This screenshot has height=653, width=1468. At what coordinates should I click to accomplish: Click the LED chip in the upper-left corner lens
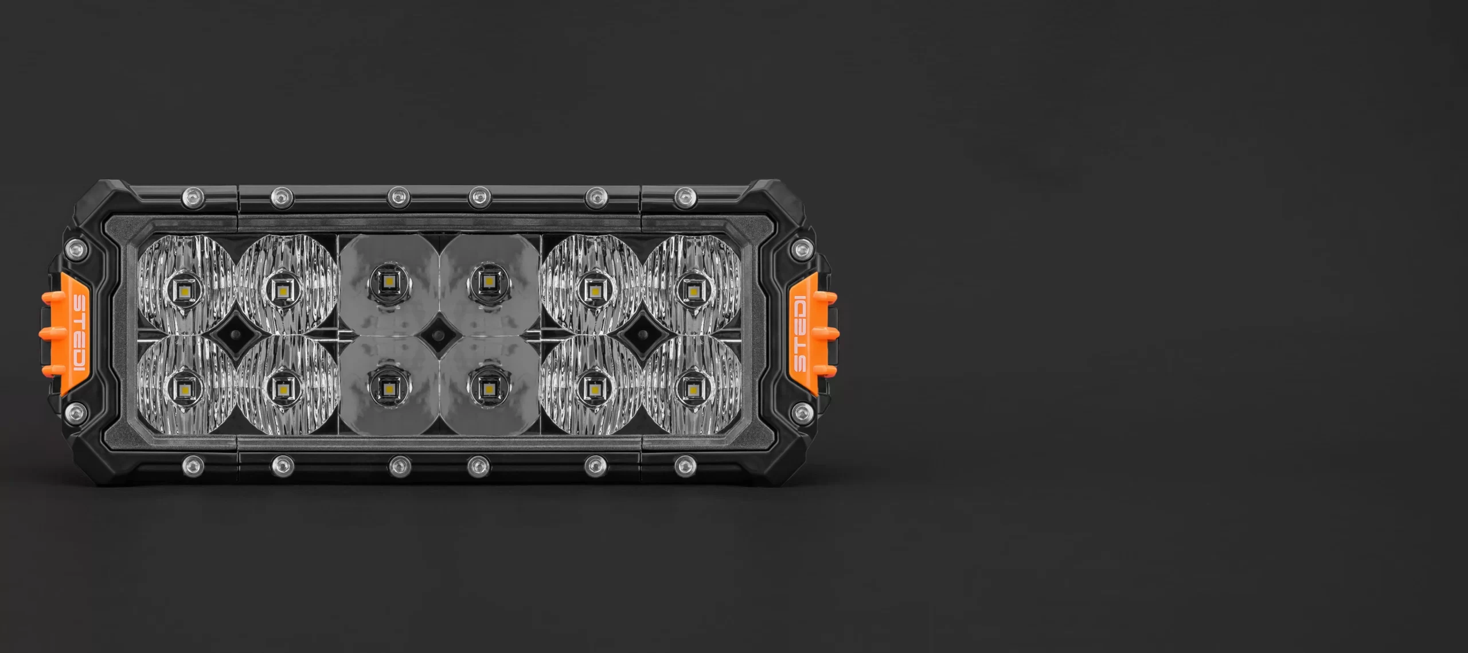click(x=185, y=290)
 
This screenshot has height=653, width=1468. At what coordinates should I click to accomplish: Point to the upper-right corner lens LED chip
click(x=692, y=291)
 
